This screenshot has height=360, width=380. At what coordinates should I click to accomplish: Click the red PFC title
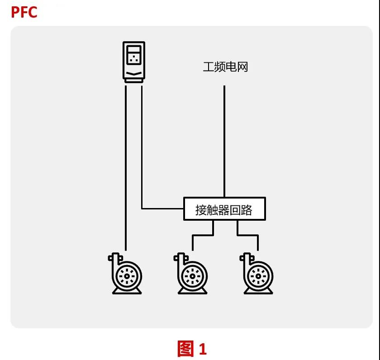[24, 12]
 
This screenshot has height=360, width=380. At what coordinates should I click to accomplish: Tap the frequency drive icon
[134, 62]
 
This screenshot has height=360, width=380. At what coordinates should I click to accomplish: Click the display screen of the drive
[134, 56]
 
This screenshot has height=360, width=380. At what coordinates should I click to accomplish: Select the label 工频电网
[225, 67]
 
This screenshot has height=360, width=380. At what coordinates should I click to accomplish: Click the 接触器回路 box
[224, 209]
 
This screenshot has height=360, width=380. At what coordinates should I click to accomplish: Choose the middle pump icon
[190, 274]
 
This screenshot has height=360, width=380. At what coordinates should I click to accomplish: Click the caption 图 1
[192, 349]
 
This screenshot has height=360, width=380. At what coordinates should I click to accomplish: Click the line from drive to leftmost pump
[125, 167]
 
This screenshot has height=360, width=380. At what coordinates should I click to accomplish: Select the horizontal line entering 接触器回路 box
[163, 208]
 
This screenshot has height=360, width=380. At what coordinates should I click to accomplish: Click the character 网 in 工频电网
[242, 67]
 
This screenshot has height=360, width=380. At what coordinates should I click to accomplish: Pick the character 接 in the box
[201, 210]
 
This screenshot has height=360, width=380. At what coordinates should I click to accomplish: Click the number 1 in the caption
[202, 349]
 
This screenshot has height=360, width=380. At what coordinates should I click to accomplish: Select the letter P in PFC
[14, 12]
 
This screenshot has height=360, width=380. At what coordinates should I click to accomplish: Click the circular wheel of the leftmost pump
[127, 275]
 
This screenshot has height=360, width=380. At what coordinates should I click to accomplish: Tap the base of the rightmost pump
[258, 291]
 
